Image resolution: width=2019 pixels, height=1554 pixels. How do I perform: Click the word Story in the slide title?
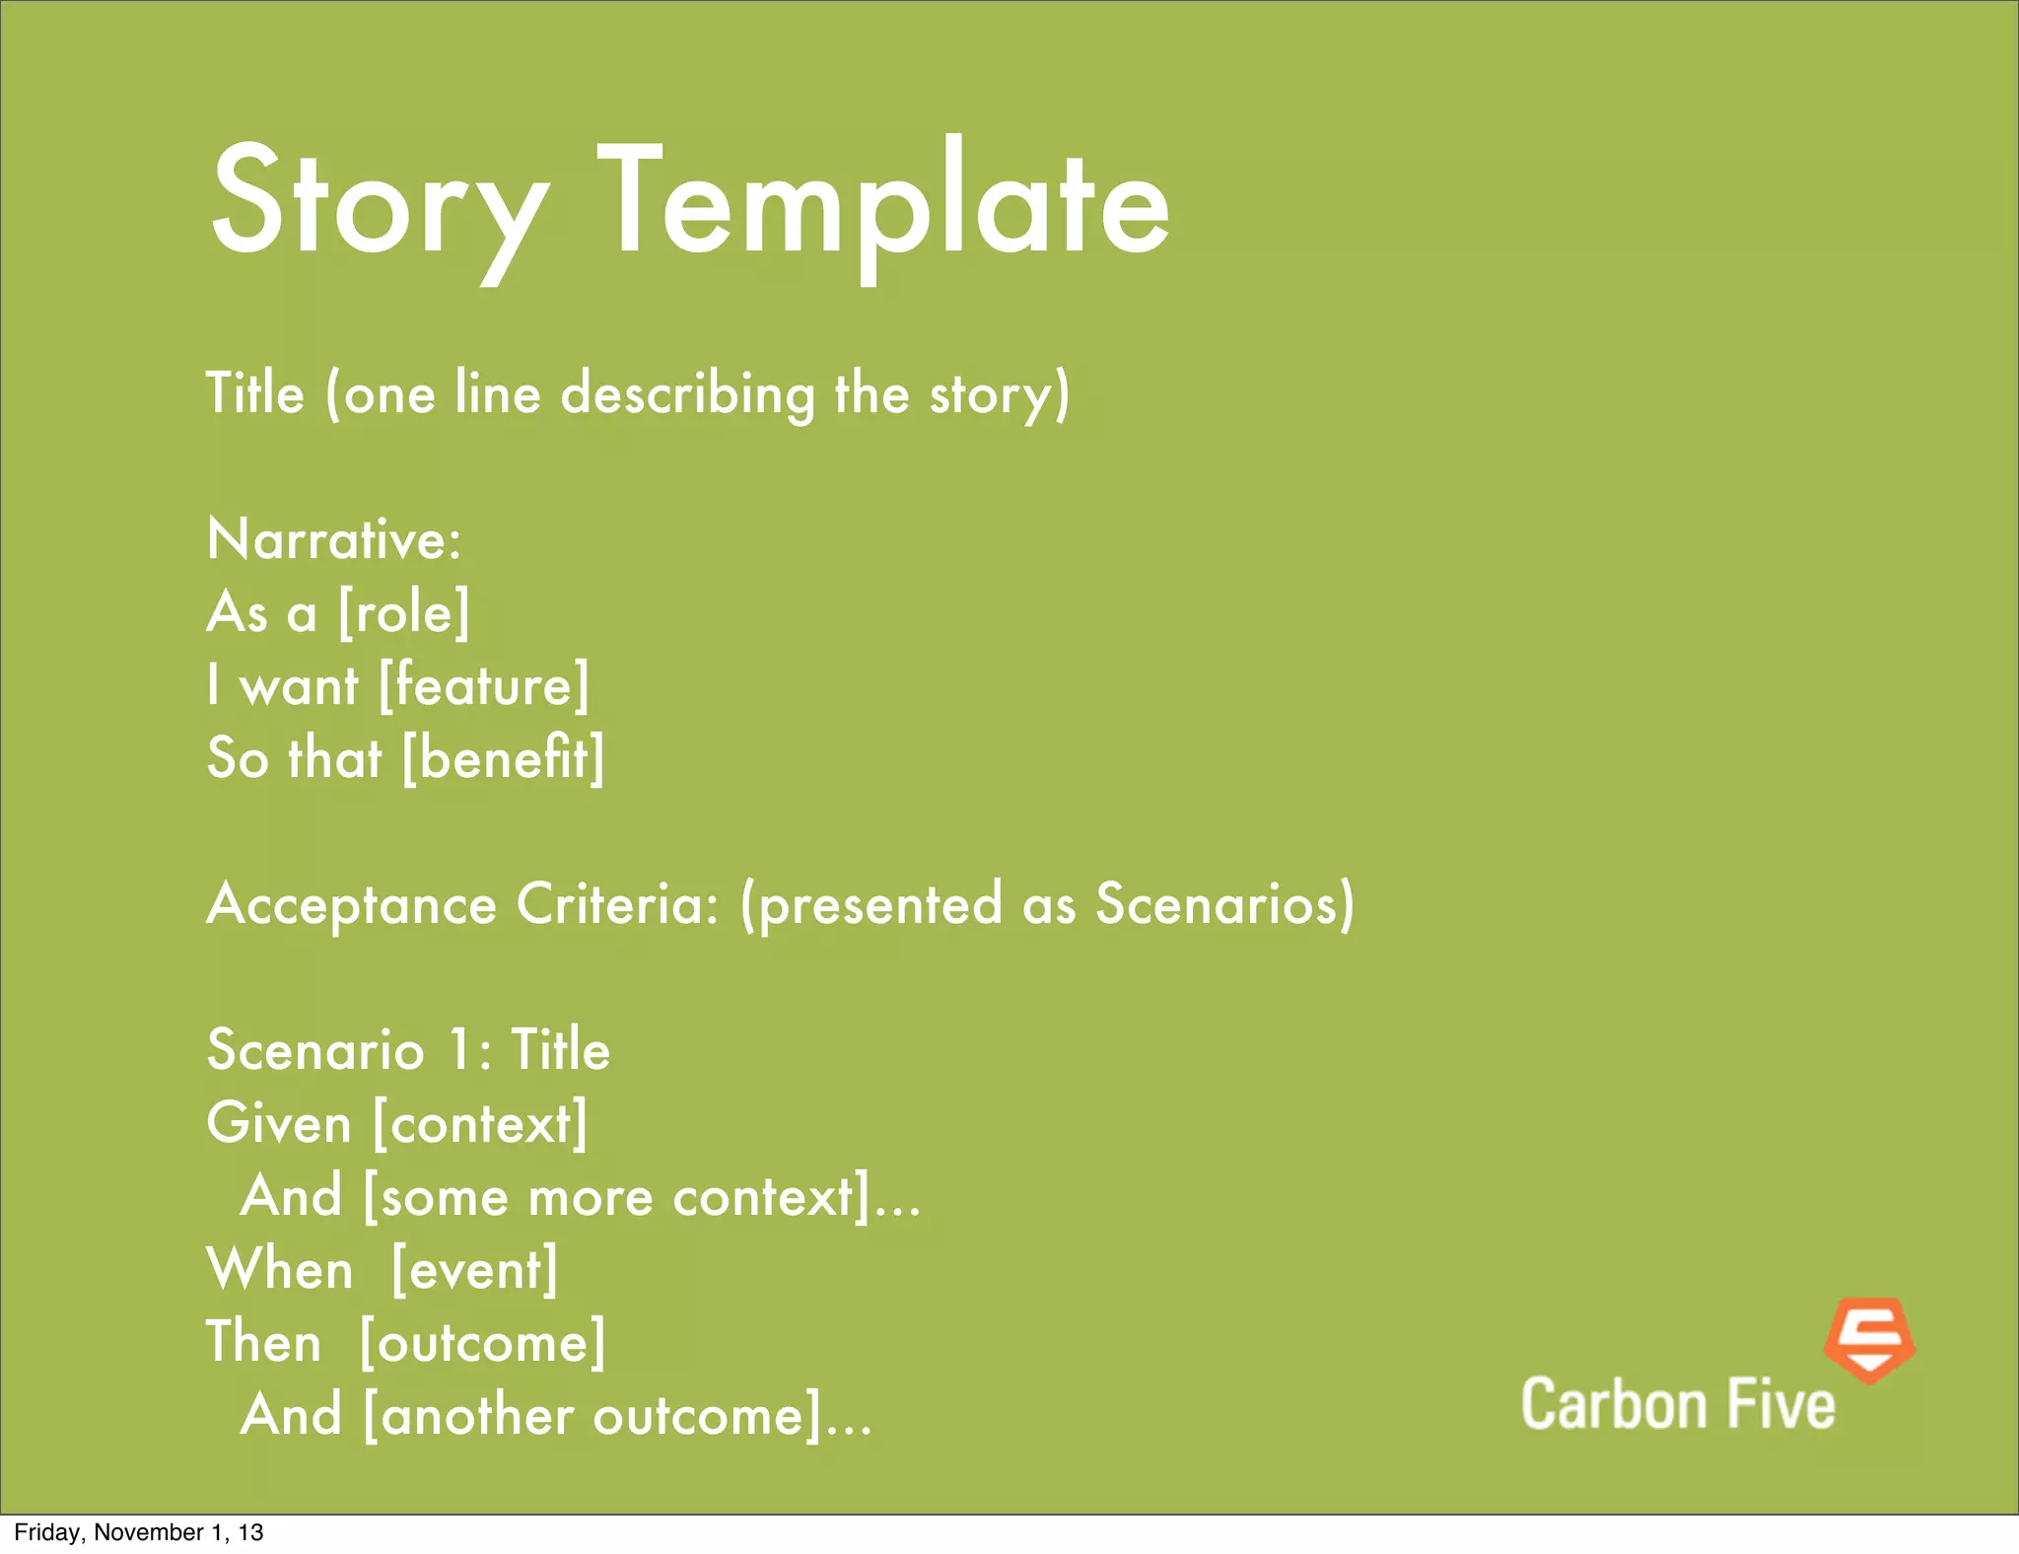tap(379, 202)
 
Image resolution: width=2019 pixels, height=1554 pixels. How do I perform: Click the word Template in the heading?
tap(883, 202)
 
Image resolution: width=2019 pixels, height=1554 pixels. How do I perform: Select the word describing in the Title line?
tap(687, 394)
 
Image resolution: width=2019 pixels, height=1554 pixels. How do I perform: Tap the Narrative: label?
tap(334, 539)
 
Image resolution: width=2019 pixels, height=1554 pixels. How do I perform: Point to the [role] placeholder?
tap(404, 612)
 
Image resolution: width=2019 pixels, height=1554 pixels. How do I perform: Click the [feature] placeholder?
tap(484, 685)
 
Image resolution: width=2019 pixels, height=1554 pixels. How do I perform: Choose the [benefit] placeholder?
tap(504, 758)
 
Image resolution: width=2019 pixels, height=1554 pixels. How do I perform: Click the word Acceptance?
tap(351, 904)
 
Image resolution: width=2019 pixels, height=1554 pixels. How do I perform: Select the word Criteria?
tap(617, 903)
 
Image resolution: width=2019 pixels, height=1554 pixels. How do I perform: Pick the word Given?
tap(279, 1123)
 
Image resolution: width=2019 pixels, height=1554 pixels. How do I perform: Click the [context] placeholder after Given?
tap(480, 1123)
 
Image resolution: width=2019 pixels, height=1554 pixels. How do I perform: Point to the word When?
tap(280, 1269)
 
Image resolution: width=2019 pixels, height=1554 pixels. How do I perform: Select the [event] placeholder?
tap(474, 1269)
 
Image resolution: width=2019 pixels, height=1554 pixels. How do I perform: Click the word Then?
tap(264, 1342)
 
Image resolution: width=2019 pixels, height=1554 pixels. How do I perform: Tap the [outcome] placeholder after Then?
tap(482, 1342)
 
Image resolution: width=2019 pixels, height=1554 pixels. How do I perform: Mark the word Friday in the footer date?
tap(46, 1532)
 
